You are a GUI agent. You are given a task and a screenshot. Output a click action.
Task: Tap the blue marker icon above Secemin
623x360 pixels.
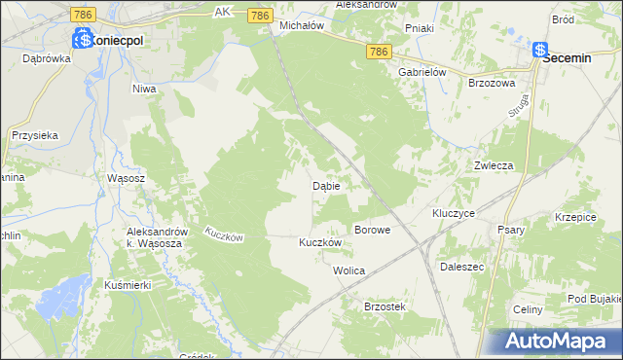click(540, 51)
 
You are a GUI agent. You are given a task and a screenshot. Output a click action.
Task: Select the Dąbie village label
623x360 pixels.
click(325, 185)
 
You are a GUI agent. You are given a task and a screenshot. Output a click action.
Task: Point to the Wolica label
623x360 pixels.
click(348, 270)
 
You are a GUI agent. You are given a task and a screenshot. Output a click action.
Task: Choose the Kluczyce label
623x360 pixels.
click(453, 212)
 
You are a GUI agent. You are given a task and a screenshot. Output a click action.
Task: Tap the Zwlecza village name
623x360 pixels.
click(493, 165)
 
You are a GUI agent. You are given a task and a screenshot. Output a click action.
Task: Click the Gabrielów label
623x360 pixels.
click(421, 72)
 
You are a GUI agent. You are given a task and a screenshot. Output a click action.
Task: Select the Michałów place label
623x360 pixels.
click(301, 25)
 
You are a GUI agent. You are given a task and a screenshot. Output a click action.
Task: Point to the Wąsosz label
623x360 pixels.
click(126, 179)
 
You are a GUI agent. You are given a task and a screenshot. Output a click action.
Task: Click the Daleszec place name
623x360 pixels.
click(462, 266)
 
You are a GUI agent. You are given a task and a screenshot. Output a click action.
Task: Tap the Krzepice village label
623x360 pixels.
click(574, 217)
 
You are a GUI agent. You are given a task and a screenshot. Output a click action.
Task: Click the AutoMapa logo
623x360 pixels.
click(557, 341)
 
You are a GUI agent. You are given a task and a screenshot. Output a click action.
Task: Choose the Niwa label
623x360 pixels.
click(144, 89)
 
